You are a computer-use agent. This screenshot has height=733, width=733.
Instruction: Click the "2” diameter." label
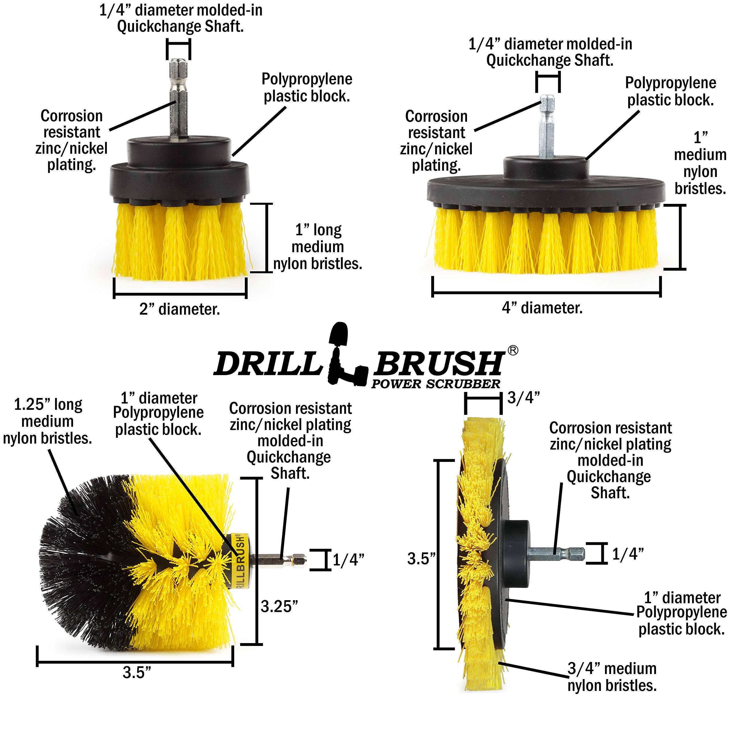point(180,309)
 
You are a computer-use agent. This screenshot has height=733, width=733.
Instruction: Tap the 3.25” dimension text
point(279,606)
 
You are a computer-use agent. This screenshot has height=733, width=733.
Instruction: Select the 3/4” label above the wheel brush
point(524,398)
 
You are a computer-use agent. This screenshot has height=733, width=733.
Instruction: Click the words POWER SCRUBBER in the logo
point(436,384)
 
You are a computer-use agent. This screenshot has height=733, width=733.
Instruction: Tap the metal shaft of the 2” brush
point(178,99)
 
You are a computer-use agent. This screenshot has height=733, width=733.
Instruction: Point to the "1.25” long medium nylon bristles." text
point(48,421)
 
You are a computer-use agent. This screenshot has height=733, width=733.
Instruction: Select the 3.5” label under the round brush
point(137,672)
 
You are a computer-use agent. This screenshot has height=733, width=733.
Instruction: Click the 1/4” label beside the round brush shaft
point(348,559)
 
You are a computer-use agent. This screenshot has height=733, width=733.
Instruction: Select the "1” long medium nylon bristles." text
point(318,247)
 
